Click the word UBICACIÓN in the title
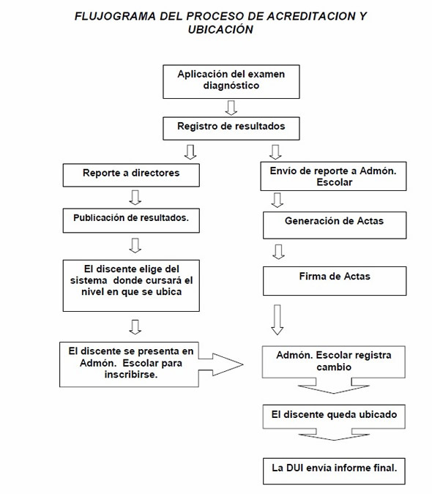point(220,29)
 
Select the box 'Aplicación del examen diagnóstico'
point(231,81)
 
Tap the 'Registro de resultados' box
point(231,129)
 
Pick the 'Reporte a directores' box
point(131,175)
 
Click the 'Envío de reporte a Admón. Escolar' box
point(333,176)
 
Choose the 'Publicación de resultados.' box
point(131,220)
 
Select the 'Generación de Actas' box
point(335,225)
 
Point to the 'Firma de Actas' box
point(335,281)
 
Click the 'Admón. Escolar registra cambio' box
point(334,362)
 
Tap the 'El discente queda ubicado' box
point(334,416)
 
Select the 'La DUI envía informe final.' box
point(334,471)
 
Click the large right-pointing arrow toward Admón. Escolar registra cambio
point(220,364)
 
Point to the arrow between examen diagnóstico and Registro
point(231,108)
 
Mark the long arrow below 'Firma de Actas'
point(278,320)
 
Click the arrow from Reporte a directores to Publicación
point(135,198)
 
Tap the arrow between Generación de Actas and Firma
point(278,252)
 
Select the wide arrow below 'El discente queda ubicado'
point(334,434)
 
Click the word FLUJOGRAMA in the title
point(115,16)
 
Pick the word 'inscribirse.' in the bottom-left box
point(131,374)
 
